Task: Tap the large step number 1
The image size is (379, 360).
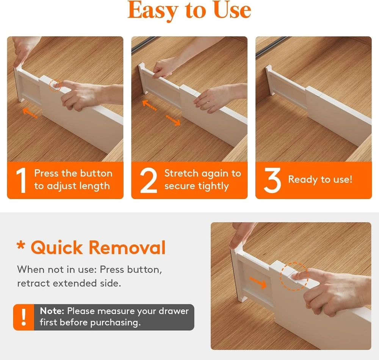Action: (21, 180)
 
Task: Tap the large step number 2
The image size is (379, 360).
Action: (149, 180)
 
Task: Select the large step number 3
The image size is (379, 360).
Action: (273, 180)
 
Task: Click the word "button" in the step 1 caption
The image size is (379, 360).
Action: (96, 173)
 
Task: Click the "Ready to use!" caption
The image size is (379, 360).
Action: (320, 179)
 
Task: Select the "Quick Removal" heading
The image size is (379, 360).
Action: (99, 248)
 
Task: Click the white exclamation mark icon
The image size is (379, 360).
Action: (23, 317)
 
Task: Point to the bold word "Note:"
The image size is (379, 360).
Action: (52, 311)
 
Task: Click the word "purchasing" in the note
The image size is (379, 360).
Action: (114, 323)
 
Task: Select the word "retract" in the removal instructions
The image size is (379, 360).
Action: (34, 283)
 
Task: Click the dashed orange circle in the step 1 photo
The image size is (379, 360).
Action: (55, 86)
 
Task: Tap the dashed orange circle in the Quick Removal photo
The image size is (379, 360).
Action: (294, 276)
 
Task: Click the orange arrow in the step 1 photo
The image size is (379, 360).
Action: (30, 113)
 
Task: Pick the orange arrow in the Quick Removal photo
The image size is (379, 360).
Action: (258, 282)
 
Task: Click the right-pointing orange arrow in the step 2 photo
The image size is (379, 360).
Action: (173, 120)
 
